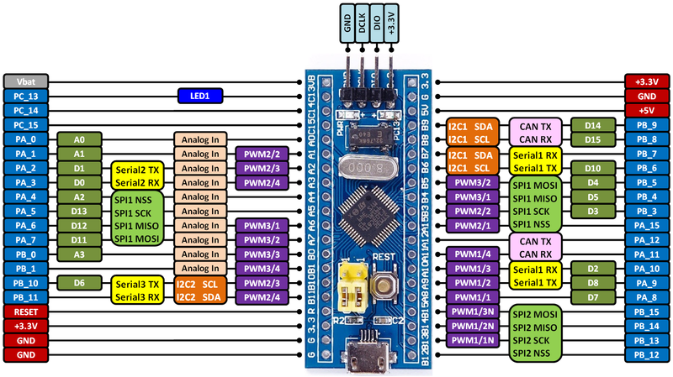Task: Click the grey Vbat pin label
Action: click(x=25, y=81)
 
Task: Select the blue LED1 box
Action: click(x=199, y=97)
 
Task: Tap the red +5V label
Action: click(x=646, y=110)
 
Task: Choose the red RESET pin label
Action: click(x=25, y=311)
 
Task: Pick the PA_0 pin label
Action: click(x=25, y=139)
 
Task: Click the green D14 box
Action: click(x=592, y=125)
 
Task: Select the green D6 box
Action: click(x=80, y=283)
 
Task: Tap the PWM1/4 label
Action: click(x=471, y=254)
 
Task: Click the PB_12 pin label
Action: click(x=646, y=355)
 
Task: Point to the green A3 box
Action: click(x=80, y=254)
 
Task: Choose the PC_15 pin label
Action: click(x=25, y=125)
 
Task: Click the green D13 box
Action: click(x=80, y=211)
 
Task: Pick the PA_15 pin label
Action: click(x=646, y=225)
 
